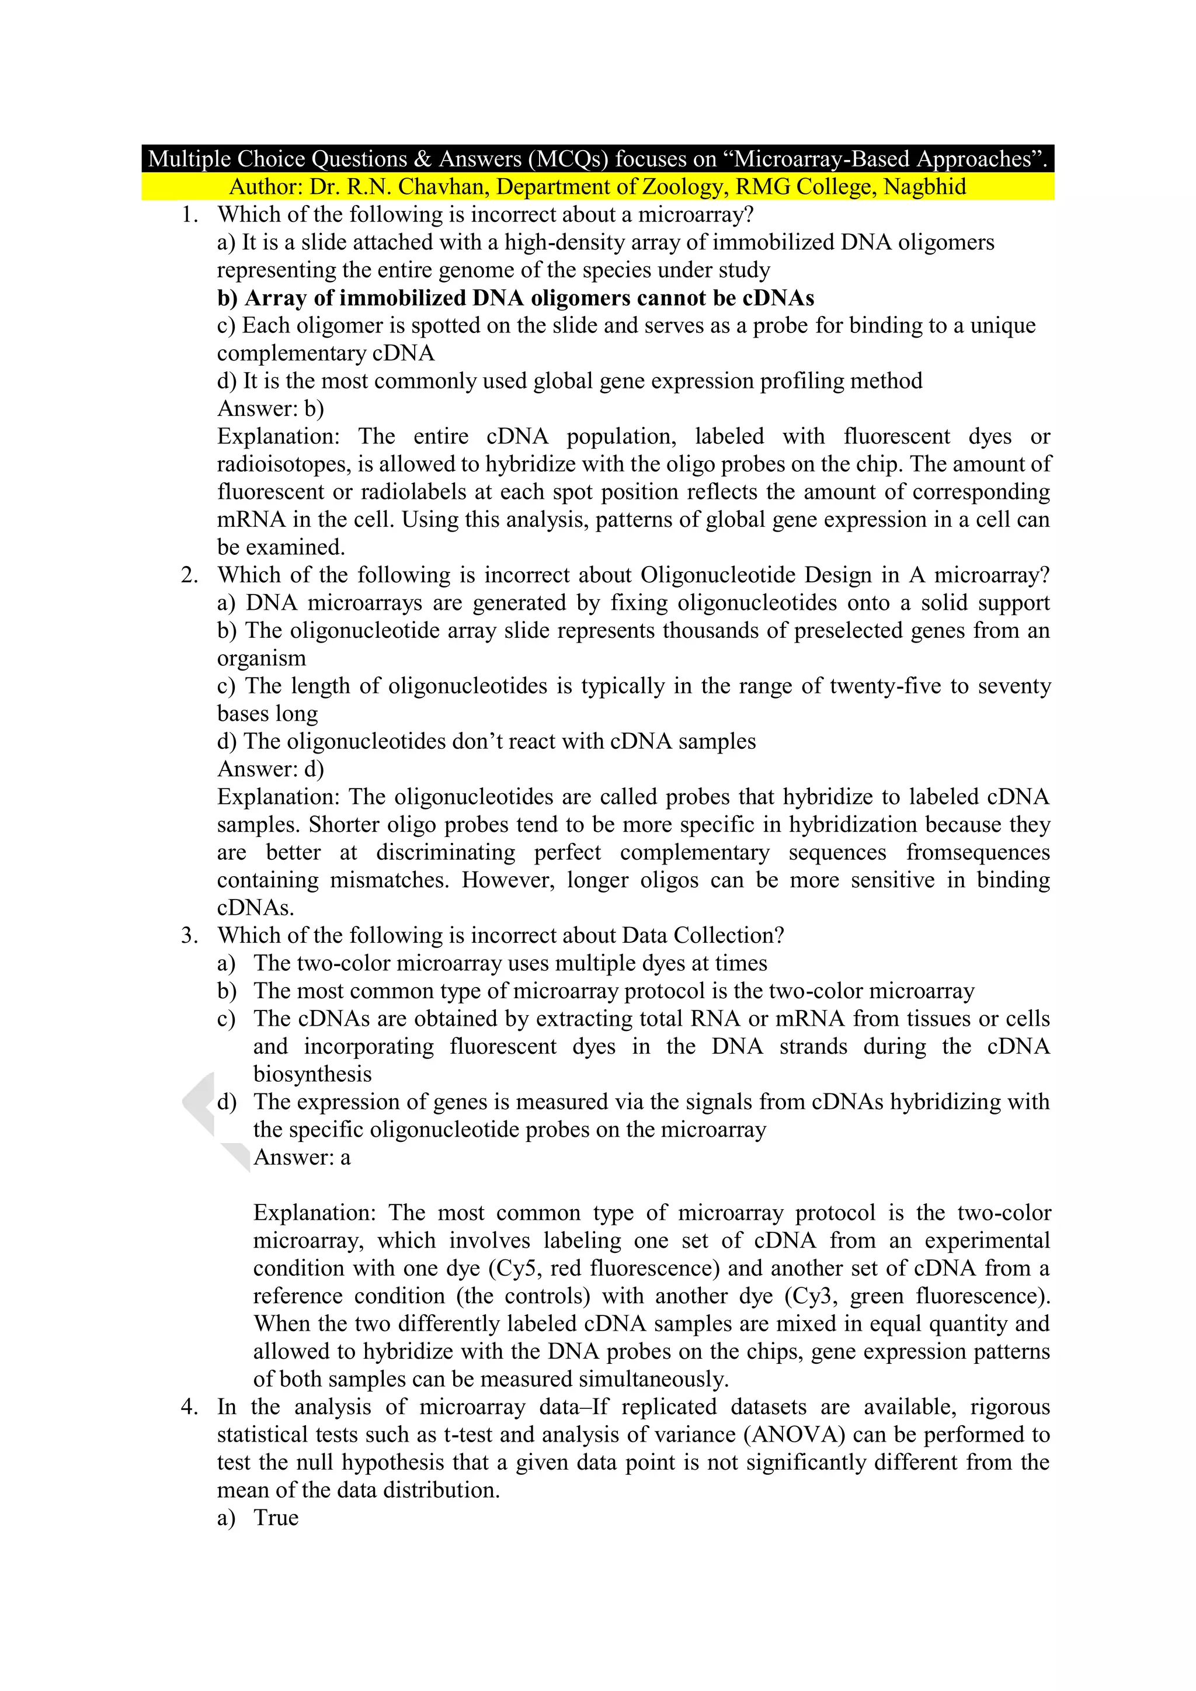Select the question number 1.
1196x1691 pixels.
tap(189, 215)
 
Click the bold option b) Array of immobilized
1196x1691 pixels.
tap(516, 298)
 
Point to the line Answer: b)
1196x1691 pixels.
tap(270, 409)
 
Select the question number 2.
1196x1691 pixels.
tap(189, 575)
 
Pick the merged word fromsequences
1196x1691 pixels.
tap(977, 853)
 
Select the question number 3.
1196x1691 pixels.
tap(189, 935)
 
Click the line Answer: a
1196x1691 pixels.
tap(302, 1158)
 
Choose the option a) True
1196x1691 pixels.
tap(258, 1518)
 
